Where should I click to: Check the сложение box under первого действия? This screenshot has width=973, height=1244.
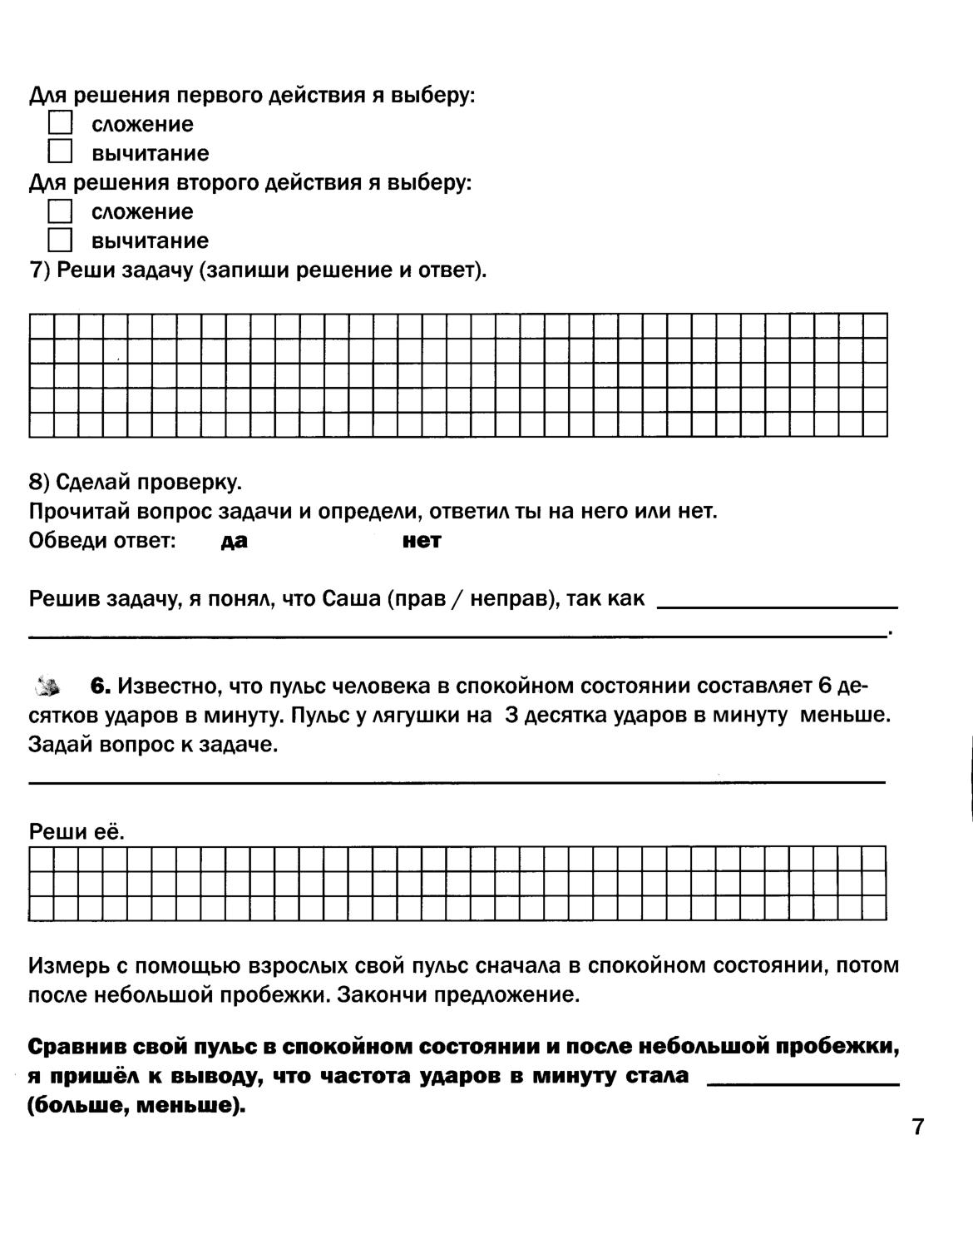60,124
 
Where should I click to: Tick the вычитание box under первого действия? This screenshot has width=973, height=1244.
60,153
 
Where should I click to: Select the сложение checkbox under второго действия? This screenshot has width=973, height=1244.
60,211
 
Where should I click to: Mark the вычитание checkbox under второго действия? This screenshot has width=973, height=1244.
60,240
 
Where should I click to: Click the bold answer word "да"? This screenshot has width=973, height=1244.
235,542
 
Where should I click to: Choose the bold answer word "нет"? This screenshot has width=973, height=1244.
421,542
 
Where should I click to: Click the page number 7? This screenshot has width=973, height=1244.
918,1128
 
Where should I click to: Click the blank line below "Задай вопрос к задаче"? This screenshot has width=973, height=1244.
457,781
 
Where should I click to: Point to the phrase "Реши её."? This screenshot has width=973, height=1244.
77,832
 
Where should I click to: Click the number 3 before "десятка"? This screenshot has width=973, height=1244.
511,716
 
